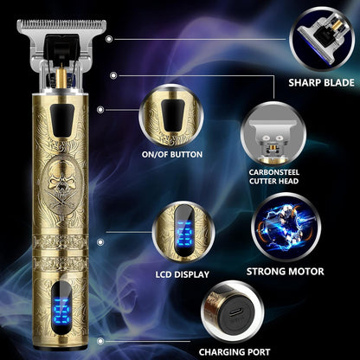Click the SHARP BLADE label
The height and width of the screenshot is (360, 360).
pos(321,82)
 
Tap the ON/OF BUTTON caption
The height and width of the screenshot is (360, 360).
pos(172,154)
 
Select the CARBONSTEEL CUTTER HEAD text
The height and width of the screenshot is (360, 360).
pos(273,177)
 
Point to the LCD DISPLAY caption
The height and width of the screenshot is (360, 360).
pos(183,274)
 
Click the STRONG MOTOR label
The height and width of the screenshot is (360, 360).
pos(285,272)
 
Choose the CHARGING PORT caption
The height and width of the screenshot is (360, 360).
pos(235,352)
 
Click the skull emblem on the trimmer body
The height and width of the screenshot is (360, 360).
pos(61,184)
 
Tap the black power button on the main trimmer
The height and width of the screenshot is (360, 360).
pos(62,120)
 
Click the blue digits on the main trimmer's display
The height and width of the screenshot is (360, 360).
pos(61,312)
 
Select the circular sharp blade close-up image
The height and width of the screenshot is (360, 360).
pos(322,39)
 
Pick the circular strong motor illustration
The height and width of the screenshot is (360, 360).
pos(286,227)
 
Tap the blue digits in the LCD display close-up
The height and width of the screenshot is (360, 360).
pos(183,233)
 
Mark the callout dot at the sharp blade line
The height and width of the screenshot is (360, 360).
pos(109,39)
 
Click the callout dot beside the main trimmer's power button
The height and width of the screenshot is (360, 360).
pos(100,110)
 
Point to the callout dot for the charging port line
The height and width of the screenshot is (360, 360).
pos(100,341)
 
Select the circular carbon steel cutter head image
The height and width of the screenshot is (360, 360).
pos(273,133)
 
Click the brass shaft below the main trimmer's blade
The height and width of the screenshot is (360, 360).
pos(61,79)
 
